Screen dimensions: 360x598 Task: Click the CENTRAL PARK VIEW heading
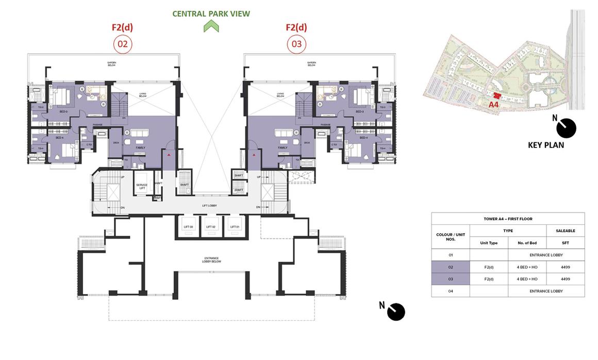click(211, 14)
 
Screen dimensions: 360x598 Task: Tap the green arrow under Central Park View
click(211, 27)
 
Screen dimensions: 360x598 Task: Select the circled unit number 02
click(123, 44)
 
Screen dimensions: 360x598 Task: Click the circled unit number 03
click(296, 44)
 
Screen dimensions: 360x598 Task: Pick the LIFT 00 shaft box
click(188, 227)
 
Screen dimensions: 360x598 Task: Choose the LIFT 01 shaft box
click(235, 227)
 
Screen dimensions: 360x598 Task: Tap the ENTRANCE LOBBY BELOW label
click(211, 259)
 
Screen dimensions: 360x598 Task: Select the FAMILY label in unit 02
click(140, 148)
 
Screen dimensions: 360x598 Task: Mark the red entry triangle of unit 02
click(168, 154)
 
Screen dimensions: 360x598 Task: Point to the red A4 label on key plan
click(493, 104)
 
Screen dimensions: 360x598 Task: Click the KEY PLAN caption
click(546, 145)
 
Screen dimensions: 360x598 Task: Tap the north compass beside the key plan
click(568, 128)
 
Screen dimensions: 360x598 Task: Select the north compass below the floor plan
click(396, 312)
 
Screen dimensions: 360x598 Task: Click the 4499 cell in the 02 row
click(565, 267)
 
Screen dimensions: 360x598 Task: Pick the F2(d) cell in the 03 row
click(488, 279)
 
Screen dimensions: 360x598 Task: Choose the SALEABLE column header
click(565, 231)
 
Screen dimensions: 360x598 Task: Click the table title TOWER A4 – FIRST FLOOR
click(508, 219)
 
